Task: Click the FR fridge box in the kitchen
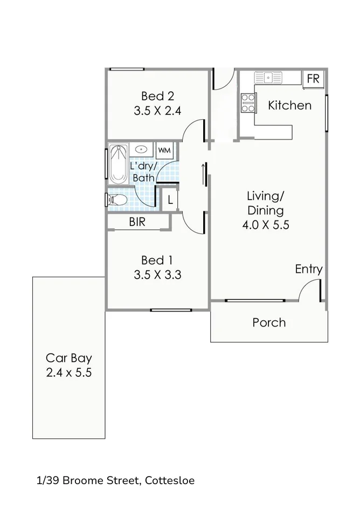(x=313, y=78)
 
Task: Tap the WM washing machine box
(x=164, y=150)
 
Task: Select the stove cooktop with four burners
(x=248, y=103)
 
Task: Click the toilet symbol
(x=116, y=200)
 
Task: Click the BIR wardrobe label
(x=137, y=222)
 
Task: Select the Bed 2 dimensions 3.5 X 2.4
(x=157, y=112)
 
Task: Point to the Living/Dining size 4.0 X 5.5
(x=266, y=225)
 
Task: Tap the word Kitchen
(x=289, y=105)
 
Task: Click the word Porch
(x=269, y=323)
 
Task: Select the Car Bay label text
(x=68, y=357)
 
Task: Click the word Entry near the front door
(x=308, y=269)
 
